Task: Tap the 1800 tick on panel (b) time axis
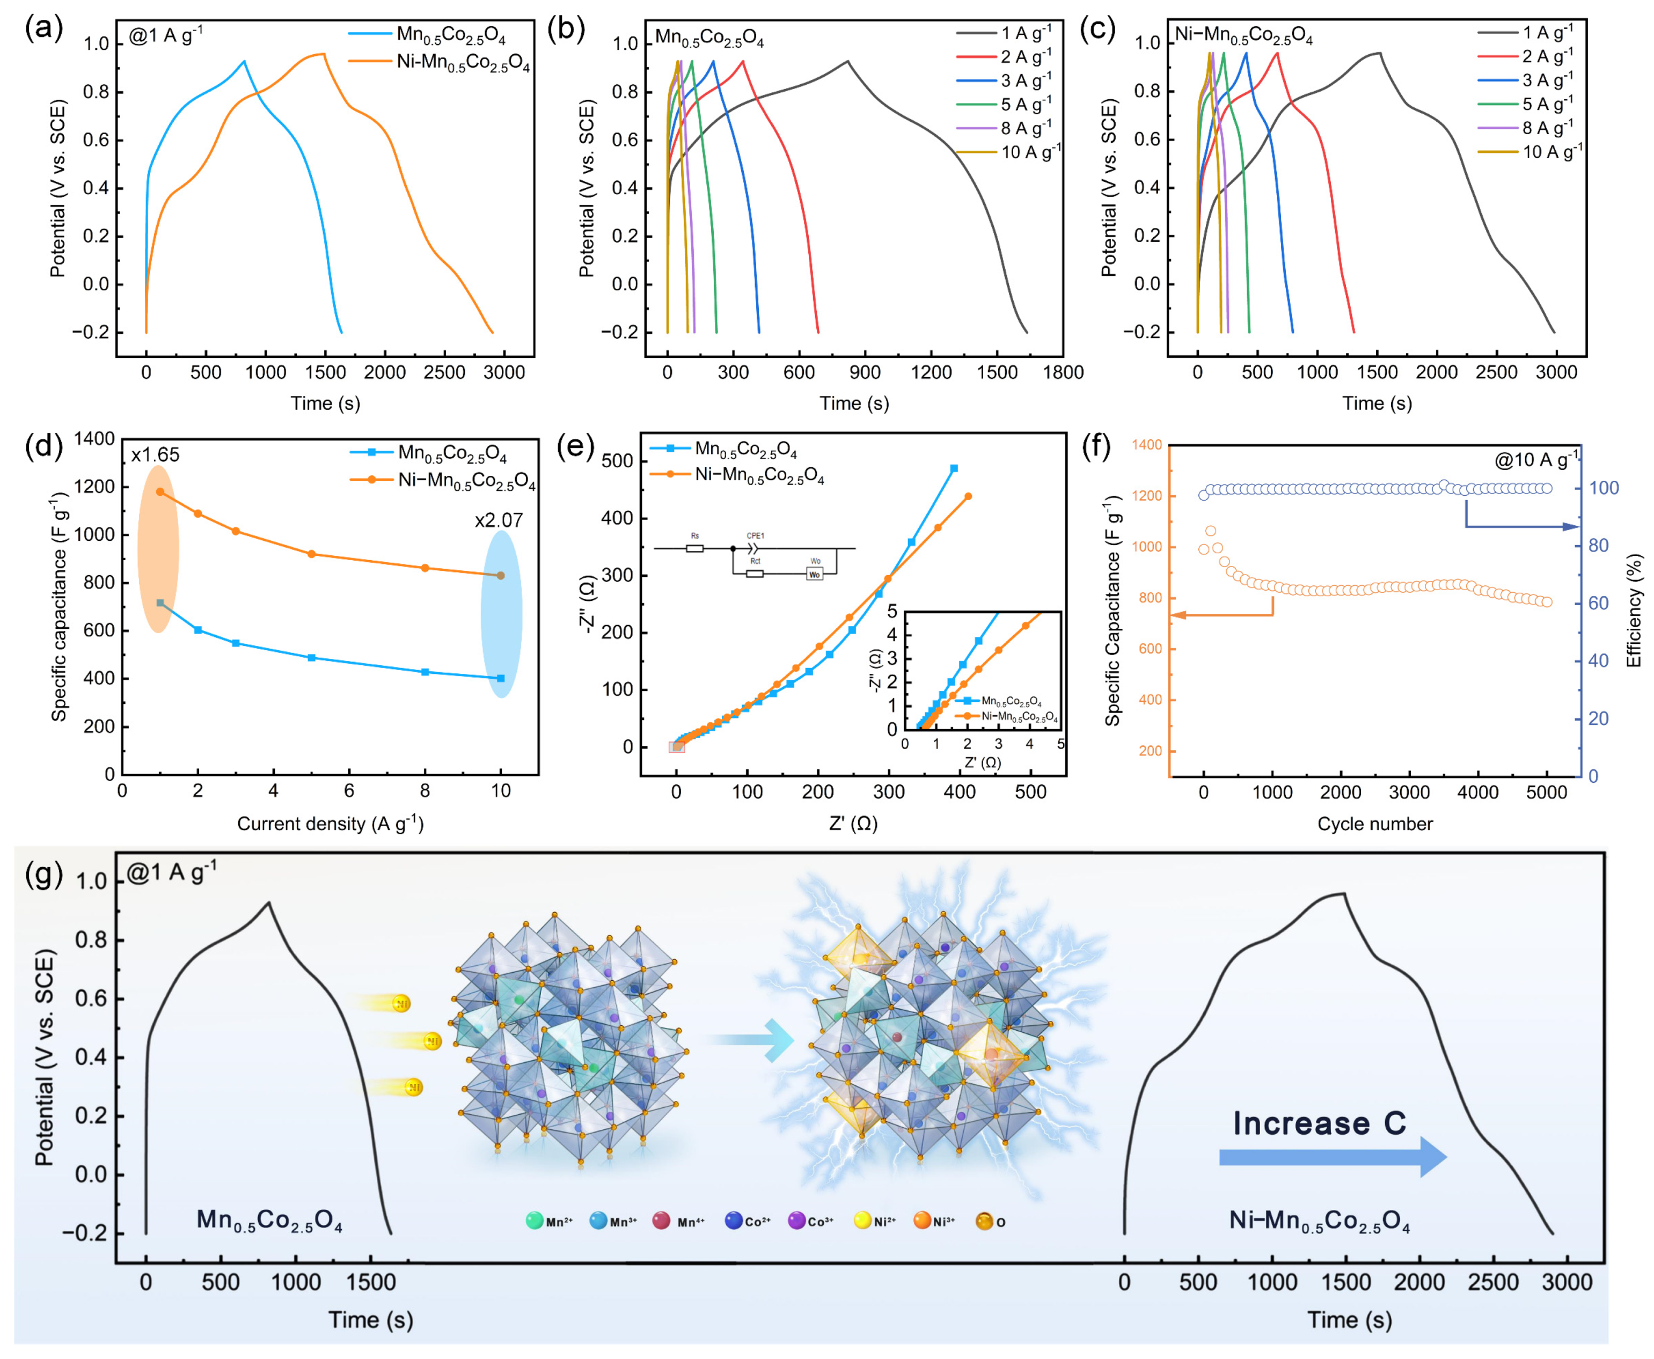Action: point(1063,373)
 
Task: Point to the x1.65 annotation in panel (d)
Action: point(155,455)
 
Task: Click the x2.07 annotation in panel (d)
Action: point(498,520)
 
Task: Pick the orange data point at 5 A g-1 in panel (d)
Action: point(312,554)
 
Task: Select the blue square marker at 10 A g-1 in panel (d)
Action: point(500,678)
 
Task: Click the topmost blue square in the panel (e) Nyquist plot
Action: point(954,469)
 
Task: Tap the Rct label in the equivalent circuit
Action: point(755,561)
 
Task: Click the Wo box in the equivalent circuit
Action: point(815,575)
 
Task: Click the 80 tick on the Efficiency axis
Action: point(1598,546)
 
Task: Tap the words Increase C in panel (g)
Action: point(1320,1123)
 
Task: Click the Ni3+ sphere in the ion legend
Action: point(923,1221)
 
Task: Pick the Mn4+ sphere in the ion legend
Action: point(662,1221)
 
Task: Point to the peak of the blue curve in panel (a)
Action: point(244,61)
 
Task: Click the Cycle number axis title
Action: point(1374,824)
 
